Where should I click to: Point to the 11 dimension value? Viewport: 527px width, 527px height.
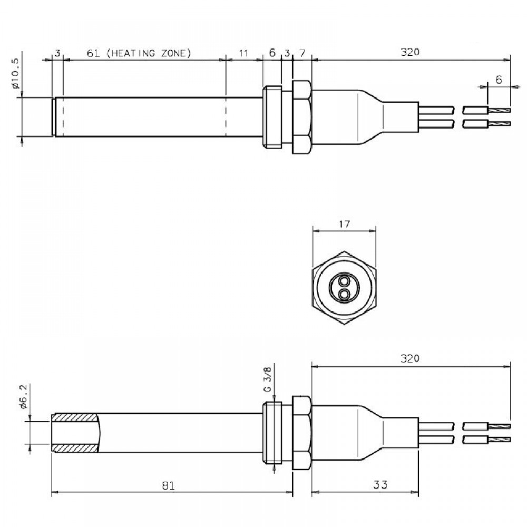pos(243,53)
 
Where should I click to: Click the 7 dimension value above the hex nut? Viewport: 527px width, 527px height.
pos(302,53)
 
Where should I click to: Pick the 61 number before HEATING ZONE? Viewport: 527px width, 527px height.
pos(93,53)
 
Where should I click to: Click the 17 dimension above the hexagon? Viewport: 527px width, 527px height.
pos(344,224)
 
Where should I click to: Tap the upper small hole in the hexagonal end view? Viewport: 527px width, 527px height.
pos(344,280)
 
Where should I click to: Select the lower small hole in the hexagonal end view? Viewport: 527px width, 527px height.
pos(344,292)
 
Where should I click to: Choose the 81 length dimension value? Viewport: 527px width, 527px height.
pos(168,485)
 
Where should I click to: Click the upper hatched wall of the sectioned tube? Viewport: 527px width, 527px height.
pos(75,416)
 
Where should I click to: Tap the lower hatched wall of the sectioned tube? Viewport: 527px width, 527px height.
pos(75,448)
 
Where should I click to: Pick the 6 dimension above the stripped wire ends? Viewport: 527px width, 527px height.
pos(499,80)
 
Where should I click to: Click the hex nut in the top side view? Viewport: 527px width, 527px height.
pos(302,116)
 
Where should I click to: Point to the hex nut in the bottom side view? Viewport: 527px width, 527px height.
pos(302,432)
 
